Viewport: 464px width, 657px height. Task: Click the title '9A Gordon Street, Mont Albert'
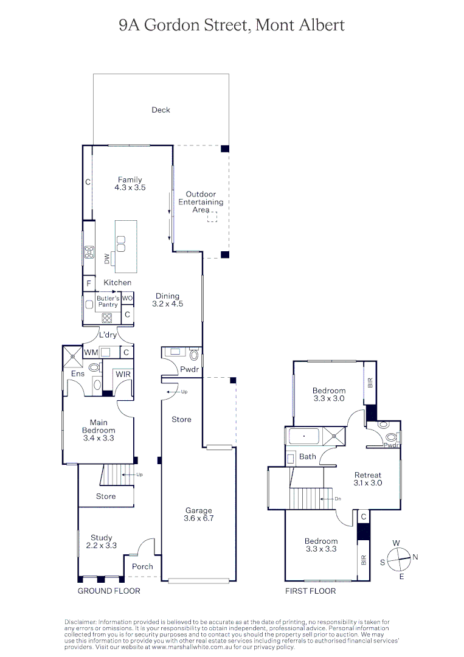tap(232, 25)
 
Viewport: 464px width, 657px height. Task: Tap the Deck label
tap(161, 110)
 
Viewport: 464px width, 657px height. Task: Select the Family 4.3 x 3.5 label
tap(130, 184)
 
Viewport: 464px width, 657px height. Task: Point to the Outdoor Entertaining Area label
tap(201, 202)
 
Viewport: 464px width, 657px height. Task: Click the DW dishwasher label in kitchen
tap(107, 259)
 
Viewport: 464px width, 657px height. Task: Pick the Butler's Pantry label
tap(108, 301)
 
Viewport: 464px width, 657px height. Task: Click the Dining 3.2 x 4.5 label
tap(167, 300)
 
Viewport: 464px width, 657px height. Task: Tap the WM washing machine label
tap(91, 352)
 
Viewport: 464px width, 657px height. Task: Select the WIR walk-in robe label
tap(123, 374)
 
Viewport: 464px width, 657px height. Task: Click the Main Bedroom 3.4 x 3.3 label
tap(99, 429)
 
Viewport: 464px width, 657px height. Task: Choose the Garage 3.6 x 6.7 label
tap(198, 515)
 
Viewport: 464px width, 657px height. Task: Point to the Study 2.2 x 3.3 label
tap(102, 541)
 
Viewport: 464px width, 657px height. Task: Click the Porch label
tap(143, 566)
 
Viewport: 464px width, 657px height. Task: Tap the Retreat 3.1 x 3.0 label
tap(368, 479)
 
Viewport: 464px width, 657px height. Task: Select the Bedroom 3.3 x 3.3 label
tap(321, 544)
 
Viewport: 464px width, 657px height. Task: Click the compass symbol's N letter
tap(415, 557)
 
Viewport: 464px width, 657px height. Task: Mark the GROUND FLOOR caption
tap(109, 591)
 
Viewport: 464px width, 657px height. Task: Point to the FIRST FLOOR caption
tap(310, 591)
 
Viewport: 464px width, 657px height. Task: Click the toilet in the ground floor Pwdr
tap(194, 355)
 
